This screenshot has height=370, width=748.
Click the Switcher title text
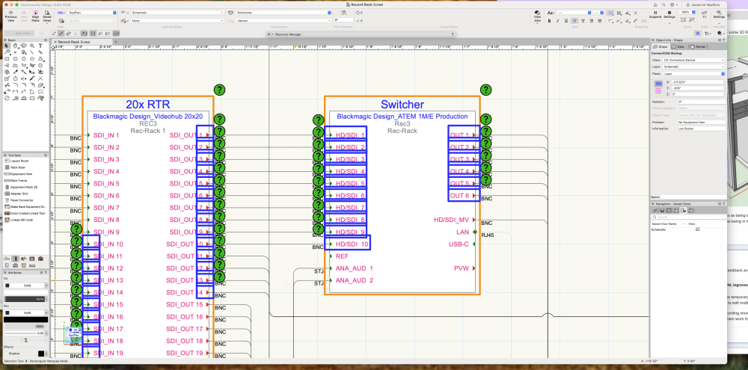pos(402,105)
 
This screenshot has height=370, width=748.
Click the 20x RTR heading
pos(147,105)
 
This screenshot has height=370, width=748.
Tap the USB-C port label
pos(459,244)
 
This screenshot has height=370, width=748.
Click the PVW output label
pos(460,268)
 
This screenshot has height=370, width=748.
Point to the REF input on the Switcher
pos(343,256)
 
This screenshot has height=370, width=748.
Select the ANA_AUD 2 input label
pos(354,280)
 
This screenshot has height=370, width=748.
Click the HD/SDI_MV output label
pos(451,220)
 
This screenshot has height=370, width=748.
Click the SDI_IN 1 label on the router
pos(106,135)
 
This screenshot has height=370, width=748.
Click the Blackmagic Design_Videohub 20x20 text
pos(147,117)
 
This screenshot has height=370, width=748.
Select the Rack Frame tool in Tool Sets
pos(22,180)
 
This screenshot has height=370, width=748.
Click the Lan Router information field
pos(699,128)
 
